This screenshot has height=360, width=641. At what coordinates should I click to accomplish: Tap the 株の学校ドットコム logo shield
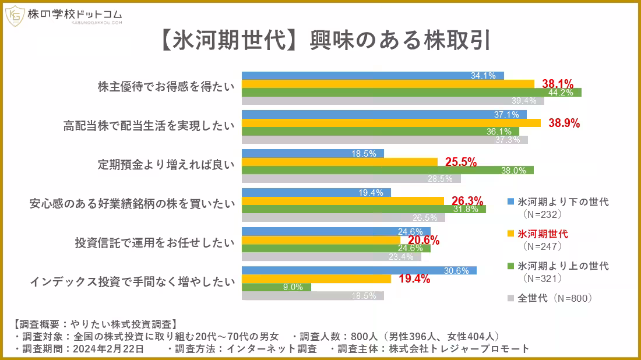point(15,16)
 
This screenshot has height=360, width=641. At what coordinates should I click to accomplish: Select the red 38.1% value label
point(558,83)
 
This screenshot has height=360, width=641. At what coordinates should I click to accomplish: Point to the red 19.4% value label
point(414,279)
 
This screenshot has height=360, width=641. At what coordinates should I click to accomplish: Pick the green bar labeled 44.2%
point(411,92)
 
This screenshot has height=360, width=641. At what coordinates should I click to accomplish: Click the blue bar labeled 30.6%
point(359,270)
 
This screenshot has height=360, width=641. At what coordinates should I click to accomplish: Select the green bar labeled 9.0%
point(276,287)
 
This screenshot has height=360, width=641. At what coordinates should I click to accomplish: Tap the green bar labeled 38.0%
point(388,170)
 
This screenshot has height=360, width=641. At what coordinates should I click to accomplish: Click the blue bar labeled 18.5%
point(313,154)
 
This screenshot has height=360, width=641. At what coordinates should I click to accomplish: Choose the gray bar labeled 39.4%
point(393,100)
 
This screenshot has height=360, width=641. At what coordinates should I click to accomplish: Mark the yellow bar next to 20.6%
point(321,240)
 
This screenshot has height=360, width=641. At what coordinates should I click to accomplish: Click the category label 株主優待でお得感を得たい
point(165,87)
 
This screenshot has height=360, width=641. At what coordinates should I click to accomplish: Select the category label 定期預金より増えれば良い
point(165,165)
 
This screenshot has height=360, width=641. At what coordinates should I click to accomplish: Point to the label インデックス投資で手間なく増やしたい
point(132,282)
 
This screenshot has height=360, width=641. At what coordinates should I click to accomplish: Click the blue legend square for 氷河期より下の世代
point(510,202)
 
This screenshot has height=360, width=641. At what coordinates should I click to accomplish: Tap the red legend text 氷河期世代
point(543,234)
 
